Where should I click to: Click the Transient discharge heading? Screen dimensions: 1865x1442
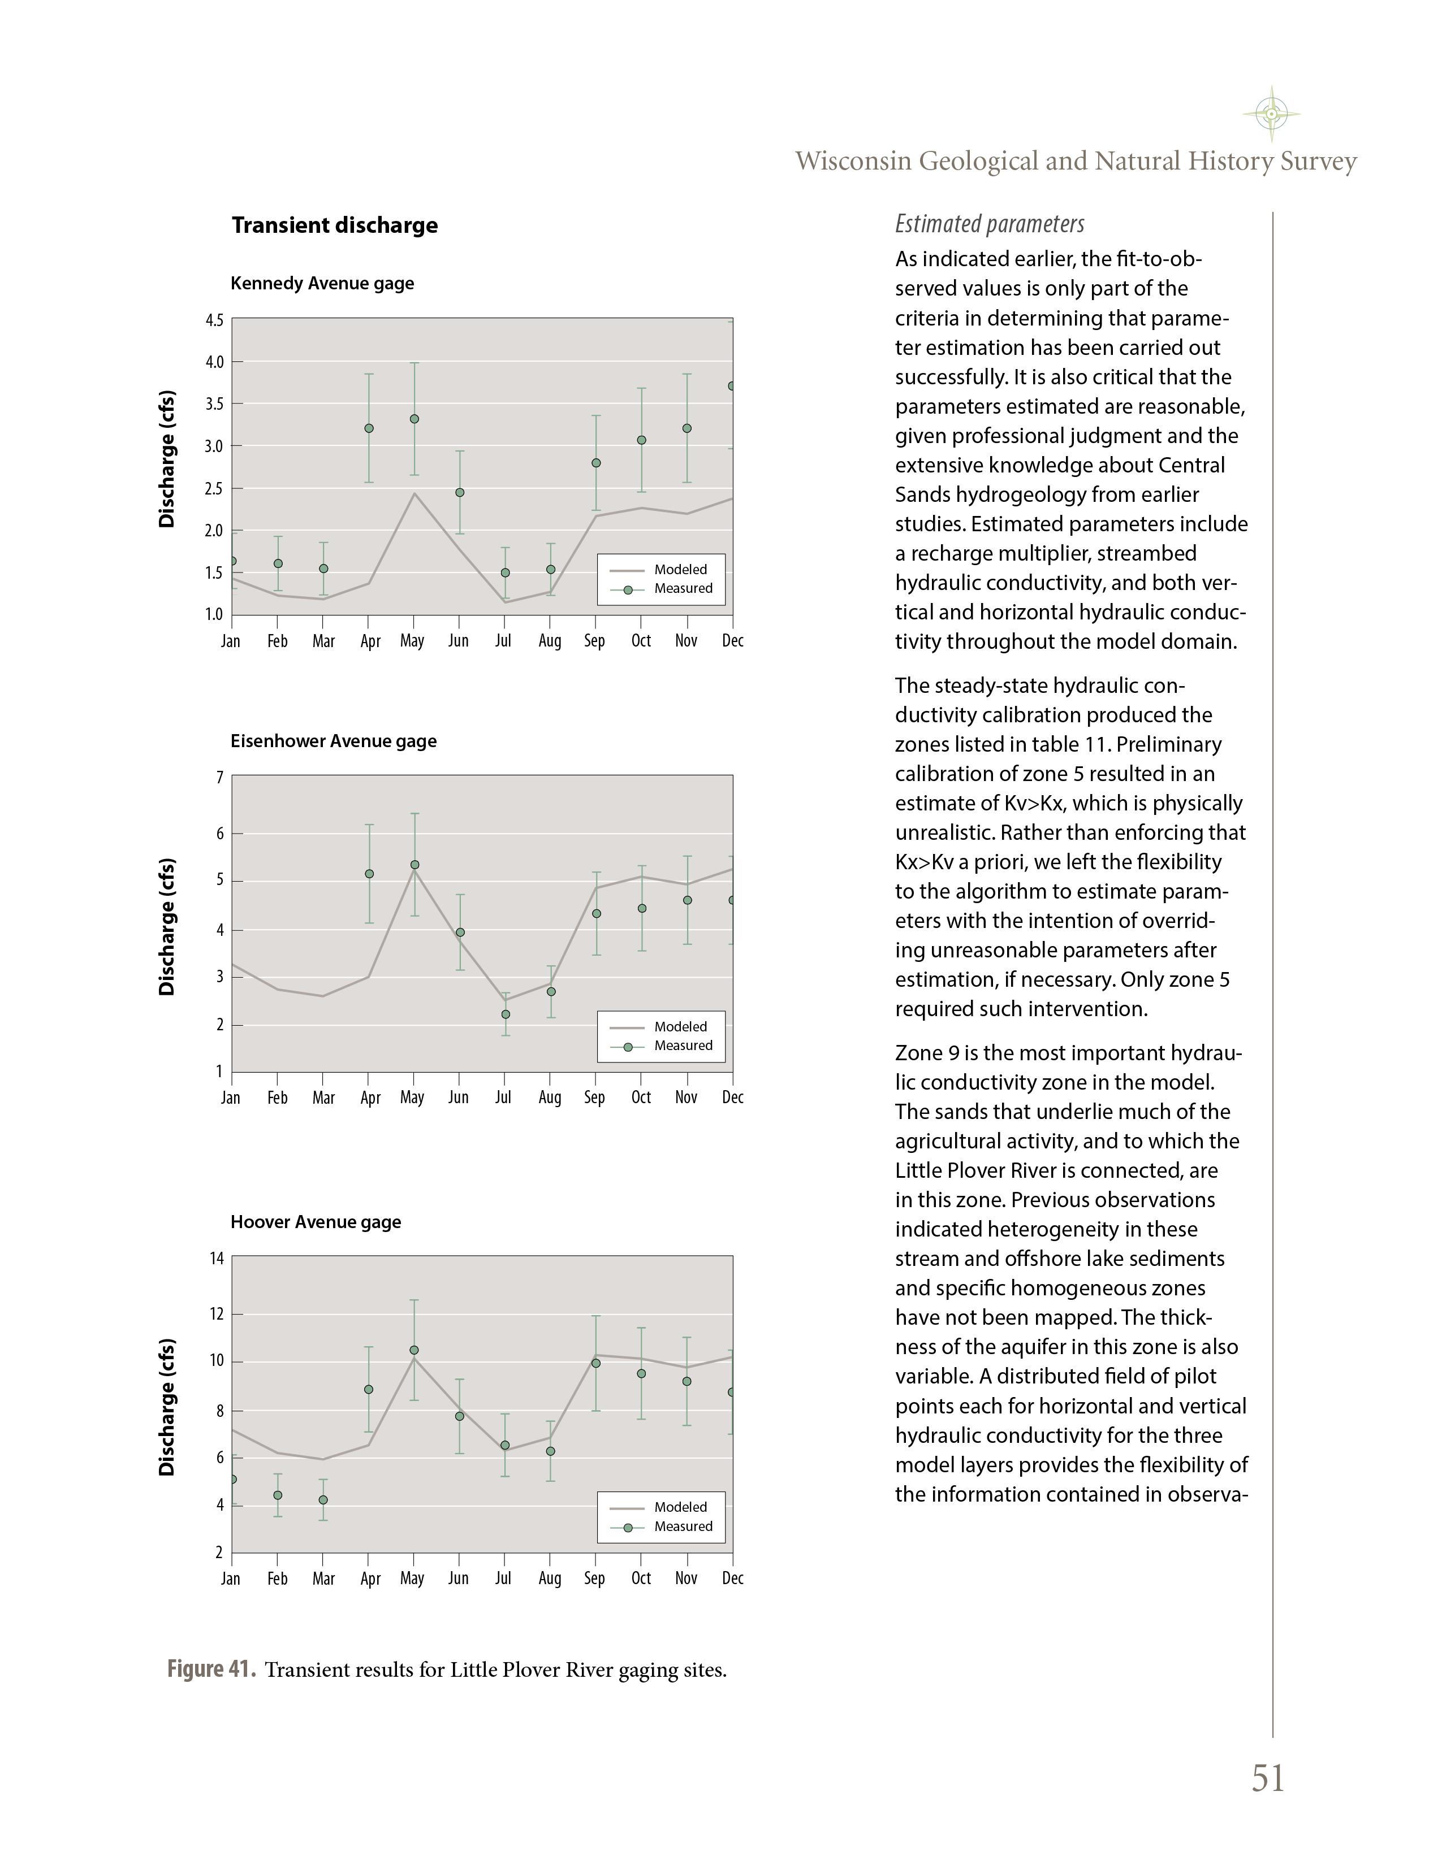(334, 225)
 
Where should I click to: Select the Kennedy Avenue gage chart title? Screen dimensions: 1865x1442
(322, 284)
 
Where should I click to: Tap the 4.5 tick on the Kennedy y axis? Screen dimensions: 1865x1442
(214, 321)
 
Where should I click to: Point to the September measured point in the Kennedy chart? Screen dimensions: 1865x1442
(596, 463)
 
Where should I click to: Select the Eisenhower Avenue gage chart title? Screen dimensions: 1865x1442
(333, 741)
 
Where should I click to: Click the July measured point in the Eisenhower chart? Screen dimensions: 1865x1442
(506, 1014)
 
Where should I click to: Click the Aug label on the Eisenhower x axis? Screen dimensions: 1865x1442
(549, 1098)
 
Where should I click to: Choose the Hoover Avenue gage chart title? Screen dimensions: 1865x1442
(315, 1222)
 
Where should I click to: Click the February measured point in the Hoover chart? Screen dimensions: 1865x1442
(278, 1495)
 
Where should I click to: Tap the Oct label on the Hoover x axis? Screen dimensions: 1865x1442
(641, 1579)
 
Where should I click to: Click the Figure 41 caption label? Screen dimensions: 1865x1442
(211, 1669)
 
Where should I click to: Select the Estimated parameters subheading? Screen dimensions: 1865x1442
(989, 224)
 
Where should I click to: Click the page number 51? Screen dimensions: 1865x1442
(1268, 1779)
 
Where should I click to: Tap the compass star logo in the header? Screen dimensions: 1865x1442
(1271, 114)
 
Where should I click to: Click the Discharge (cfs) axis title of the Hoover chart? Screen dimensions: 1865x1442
(167, 1407)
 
